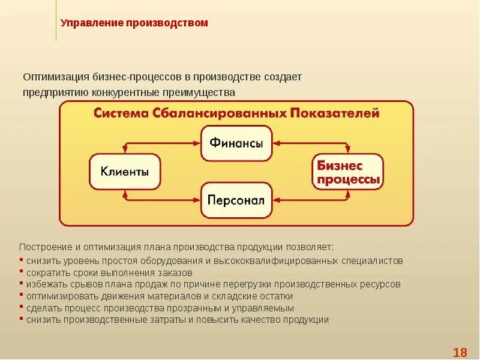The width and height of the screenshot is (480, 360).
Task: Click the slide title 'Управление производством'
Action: click(x=134, y=23)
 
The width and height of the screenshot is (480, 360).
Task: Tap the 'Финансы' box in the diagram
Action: click(x=236, y=143)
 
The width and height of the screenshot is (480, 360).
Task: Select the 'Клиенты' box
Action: click(x=125, y=172)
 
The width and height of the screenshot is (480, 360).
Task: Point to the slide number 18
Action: click(x=460, y=352)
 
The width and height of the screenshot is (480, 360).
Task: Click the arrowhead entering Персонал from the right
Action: click(x=276, y=200)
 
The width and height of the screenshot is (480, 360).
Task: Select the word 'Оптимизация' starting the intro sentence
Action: click(x=56, y=77)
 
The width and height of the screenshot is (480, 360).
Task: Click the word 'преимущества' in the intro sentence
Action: click(x=207, y=92)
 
